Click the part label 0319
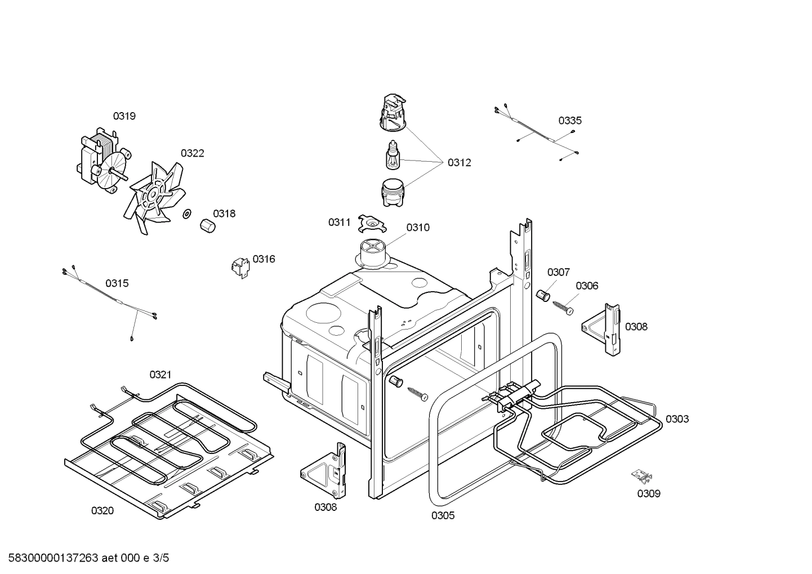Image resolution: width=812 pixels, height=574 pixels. [x=124, y=116]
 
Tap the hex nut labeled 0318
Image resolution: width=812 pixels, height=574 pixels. [x=208, y=226]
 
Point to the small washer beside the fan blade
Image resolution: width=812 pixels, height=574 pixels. [x=187, y=214]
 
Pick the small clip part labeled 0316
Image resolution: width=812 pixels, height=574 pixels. [x=240, y=268]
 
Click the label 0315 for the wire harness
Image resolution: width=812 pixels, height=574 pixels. [x=117, y=283]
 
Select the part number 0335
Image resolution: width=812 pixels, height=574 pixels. [x=570, y=121]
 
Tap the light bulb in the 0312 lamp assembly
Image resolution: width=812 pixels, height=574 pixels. [x=392, y=155]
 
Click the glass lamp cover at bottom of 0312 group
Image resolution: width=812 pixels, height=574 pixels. [x=392, y=193]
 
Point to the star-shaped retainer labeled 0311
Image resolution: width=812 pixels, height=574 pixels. [x=372, y=224]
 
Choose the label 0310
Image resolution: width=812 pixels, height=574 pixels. [x=418, y=228]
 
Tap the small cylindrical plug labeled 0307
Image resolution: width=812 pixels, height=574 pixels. [x=543, y=296]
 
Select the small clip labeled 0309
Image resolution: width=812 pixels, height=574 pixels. [x=642, y=477]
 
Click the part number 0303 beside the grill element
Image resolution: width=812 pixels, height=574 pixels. [x=677, y=419]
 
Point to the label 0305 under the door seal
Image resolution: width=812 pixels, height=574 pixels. [x=443, y=515]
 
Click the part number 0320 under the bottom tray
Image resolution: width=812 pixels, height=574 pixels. [x=102, y=510]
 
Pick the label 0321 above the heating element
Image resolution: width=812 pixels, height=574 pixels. [x=160, y=375]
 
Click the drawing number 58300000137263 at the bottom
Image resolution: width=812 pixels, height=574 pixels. [x=53, y=558]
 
